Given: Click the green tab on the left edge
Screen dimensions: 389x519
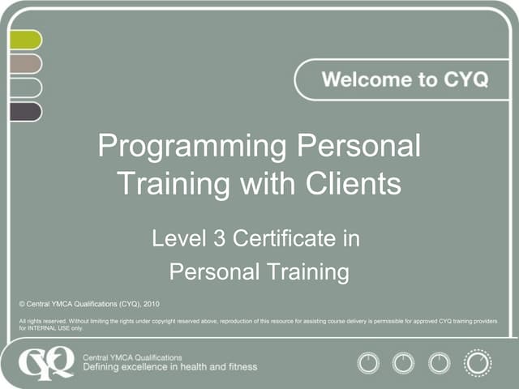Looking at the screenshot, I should (x=24, y=40).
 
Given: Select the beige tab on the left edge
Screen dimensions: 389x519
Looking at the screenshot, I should (x=24, y=63).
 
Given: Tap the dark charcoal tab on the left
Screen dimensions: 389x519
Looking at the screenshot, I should (x=24, y=111).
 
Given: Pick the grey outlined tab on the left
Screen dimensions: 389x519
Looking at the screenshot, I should (x=24, y=88).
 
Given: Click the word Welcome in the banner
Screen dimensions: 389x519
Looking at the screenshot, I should (x=362, y=80).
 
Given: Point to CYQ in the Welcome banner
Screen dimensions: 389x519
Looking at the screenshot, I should (x=465, y=80).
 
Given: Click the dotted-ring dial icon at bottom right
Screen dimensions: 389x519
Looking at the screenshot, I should (x=478, y=361).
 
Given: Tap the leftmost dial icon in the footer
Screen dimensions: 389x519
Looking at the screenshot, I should (x=368, y=361).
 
